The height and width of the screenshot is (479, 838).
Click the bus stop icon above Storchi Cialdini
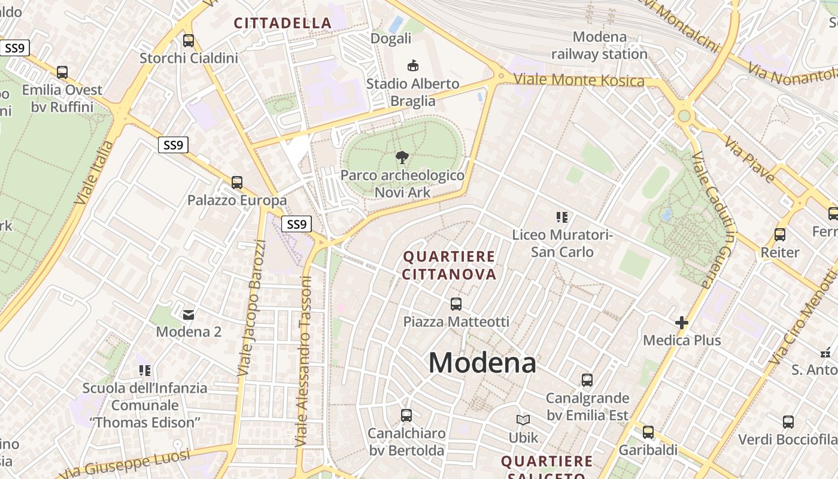click(x=189, y=40)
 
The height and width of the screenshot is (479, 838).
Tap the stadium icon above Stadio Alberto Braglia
click(x=412, y=65)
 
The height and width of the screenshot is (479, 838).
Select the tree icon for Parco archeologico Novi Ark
click(x=402, y=157)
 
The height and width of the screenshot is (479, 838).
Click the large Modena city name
click(x=482, y=362)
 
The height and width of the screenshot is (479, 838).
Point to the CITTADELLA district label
click(x=283, y=23)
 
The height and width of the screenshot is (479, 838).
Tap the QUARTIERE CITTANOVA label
click(x=450, y=265)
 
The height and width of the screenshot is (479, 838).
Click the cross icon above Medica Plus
click(x=682, y=323)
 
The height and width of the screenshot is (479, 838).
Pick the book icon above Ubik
click(x=523, y=420)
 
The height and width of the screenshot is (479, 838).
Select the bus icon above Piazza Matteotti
click(x=456, y=304)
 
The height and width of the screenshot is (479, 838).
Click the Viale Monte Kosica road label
click(x=579, y=80)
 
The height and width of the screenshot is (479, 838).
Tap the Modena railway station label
click(x=599, y=46)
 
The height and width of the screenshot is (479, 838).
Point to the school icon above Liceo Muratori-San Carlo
click(x=561, y=217)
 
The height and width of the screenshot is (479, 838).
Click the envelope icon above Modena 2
click(x=189, y=314)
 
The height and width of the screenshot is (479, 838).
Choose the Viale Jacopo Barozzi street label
click(x=251, y=308)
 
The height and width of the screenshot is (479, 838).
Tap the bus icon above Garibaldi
click(x=648, y=432)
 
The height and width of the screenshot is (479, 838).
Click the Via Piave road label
click(x=749, y=159)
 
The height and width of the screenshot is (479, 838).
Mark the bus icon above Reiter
click(x=780, y=234)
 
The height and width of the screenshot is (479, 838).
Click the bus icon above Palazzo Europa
click(x=237, y=182)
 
